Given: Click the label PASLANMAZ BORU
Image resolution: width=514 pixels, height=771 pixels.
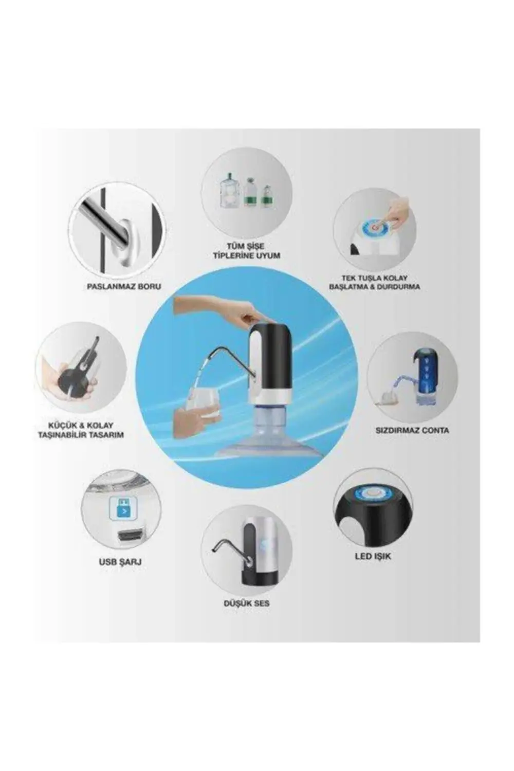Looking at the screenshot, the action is coord(123,286).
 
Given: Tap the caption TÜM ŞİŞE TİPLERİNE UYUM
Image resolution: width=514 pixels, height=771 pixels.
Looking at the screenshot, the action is coord(247,251).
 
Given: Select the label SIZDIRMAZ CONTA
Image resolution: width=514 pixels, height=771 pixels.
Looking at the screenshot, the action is coord(412,430).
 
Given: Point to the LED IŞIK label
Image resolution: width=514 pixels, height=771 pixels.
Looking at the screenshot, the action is coord(373,556).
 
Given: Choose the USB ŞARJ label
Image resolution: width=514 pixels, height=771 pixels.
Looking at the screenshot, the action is coord(120,562).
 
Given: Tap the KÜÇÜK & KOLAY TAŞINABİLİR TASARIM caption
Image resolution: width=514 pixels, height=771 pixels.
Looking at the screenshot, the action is coord(80,430).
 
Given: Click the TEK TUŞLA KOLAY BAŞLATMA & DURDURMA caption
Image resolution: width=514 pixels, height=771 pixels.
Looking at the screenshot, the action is coord(374,282).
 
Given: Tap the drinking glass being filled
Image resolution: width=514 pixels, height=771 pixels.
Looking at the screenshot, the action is coord(203,402).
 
